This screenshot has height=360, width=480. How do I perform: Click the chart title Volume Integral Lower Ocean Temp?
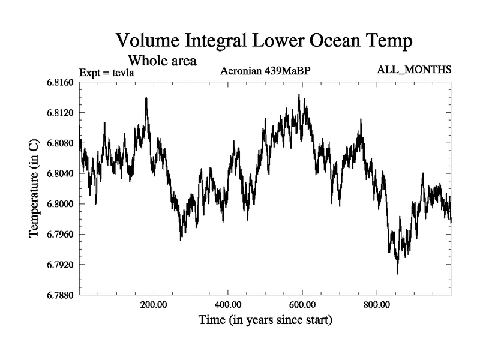coord(264,41)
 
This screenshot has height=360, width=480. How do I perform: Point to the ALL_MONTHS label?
coord(414,70)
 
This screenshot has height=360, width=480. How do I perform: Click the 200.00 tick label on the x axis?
coord(154,305)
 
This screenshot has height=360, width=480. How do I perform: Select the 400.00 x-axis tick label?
coord(228,305)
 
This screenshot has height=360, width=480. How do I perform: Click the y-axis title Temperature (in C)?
coord(34,188)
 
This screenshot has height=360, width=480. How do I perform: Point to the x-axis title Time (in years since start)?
coord(265,320)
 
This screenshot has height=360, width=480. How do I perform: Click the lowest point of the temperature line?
coord(397,273)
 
